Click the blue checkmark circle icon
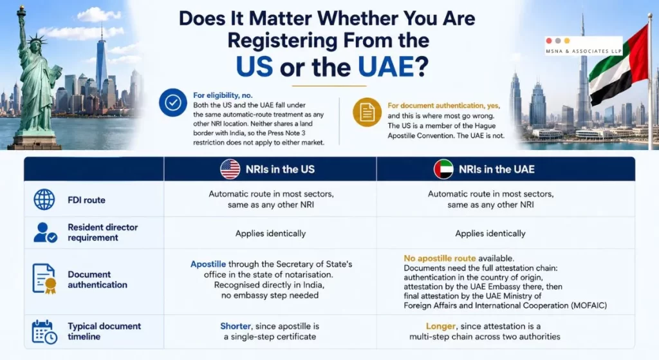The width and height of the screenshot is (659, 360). pyautogui.click(x=172, y=102)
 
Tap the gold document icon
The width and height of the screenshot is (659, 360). pyautogui.click(x=367, y=112)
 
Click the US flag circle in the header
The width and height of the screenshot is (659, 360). pyautogui.click(x=230, y=169)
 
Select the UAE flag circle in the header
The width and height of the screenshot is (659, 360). pyautogui.click(x=443, y=169)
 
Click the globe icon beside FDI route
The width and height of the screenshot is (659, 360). pyautogui.click(x=44, y=200)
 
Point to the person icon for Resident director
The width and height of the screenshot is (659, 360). pyautogui.click(x=45, y=232)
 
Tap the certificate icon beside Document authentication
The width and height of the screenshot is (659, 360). pyautogui.click(x=44, y=278)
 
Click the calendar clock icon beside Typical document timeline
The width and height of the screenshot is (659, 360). pyautogui.click(x=44, y=332)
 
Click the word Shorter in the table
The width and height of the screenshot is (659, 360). pyautogui.click(x=236, y=326)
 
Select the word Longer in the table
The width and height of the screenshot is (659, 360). pyautogui.click(x=440, y=326)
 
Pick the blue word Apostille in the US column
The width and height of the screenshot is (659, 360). pyautogui.click(x=208, y=264)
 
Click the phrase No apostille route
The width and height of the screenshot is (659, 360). pyautogui.click(x=440, y=258)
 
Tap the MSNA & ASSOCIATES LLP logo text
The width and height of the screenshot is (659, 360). pyautogui.click(x=583, y=52)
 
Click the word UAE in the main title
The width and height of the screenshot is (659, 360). pyautogui.click(x=386, y=67)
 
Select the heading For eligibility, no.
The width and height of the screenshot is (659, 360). pyautogui.click(x=223, y=95)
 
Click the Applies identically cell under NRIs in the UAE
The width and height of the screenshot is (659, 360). pyautogui.click(x=490, y=233)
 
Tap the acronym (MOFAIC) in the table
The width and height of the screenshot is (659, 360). pyautogui.click(x=589, y=305)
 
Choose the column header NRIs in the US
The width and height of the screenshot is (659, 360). pyautogui.click(x=280, y=169)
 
